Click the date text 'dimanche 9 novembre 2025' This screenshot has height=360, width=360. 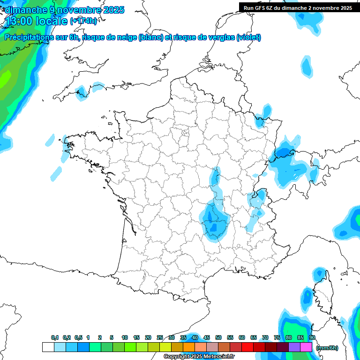tap(64, 10)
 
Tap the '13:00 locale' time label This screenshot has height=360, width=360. tap(36, 21)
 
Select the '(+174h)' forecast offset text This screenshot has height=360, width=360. tap(83, 21)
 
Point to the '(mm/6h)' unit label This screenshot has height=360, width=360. tap(327, 347)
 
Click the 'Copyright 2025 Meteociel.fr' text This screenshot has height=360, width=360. tap(199, 356)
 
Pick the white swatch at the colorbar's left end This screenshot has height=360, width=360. tap(48, 347)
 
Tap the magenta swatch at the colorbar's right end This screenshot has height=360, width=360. tap(306, 347)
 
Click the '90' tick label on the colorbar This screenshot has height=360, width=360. tap(312, 338)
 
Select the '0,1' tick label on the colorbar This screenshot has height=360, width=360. tap(55, 338)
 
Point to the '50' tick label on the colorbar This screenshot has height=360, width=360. tap(218, 338)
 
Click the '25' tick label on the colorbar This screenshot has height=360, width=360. tap(160, 338)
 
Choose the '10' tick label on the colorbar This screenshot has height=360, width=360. tap(125, 338)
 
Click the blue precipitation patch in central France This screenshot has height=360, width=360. tap(214, 218)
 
